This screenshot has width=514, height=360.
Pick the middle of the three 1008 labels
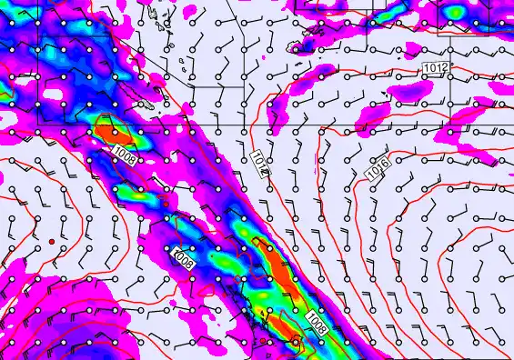183,258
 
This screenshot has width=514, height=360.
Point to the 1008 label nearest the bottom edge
317,321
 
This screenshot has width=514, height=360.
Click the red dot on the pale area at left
52,240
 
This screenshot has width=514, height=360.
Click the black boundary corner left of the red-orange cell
97,116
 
